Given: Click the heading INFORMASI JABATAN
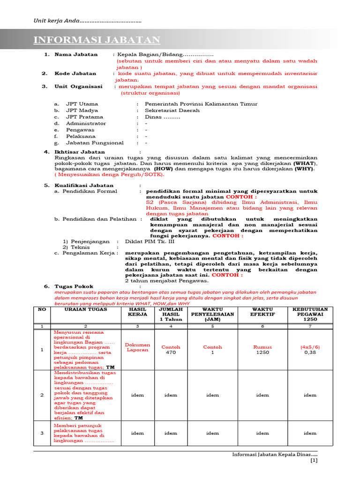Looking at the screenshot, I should [x=97, y=40].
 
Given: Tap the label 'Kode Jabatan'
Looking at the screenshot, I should [x=75, y=74].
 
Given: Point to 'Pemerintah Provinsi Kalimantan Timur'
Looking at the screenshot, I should [x=201, y=104].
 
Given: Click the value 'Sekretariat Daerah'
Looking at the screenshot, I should [x=172, y=110].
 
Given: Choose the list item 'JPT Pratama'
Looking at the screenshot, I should [x=83, y=117].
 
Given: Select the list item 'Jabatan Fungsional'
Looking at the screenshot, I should [x=95, y=142].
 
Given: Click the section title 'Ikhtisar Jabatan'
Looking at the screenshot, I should [x=80, y=152].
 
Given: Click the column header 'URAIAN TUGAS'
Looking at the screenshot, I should [x=86, y=309].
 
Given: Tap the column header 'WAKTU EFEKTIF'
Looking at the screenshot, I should [x=262, y=312].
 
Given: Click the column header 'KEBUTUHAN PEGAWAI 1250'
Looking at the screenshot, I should [x=310, y=315].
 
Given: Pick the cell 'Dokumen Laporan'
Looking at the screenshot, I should [x=137, y=347].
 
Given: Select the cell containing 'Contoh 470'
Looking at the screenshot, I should [x=171, y=350].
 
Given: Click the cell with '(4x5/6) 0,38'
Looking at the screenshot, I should [x=310, y=350].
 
